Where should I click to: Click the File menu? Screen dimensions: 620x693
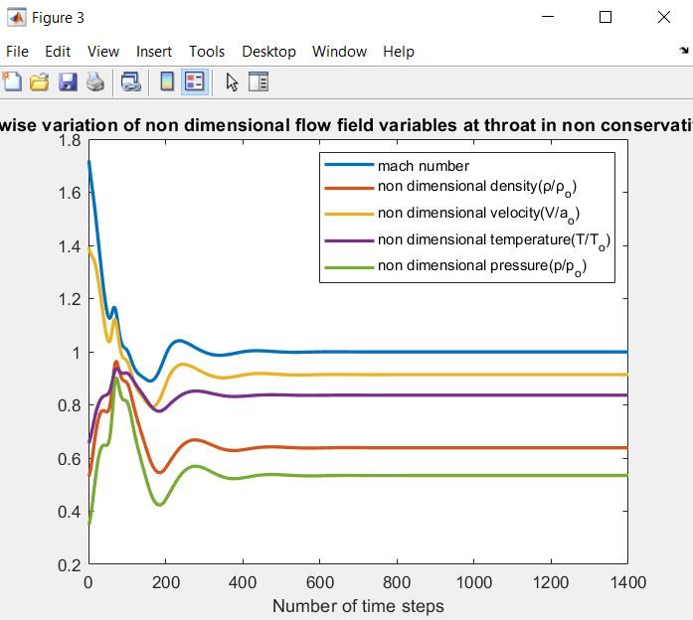(17, 52)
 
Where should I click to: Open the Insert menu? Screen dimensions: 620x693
(154, 52)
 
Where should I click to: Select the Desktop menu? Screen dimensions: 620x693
(268, 52)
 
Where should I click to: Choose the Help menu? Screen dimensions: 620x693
(398, 52)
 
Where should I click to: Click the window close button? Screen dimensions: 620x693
(664, 17)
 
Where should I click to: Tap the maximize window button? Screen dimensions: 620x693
(606, 17)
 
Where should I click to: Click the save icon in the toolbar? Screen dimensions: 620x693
(68, 82)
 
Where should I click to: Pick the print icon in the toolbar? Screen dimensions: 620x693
(95, 82)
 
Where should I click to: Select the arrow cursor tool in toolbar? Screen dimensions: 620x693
(232, 82)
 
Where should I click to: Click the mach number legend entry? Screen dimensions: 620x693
(423, 166)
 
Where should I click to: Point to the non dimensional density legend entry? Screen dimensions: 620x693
(476, 187)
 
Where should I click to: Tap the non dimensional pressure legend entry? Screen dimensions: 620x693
(481, 266)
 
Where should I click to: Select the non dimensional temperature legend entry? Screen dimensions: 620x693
(492, 240)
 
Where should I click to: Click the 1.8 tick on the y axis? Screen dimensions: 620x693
(68, 140)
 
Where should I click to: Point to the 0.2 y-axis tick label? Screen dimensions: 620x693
(68, 565)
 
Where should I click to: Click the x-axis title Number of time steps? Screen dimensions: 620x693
(358, 605)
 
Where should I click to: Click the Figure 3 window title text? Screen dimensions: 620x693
(58, 18)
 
